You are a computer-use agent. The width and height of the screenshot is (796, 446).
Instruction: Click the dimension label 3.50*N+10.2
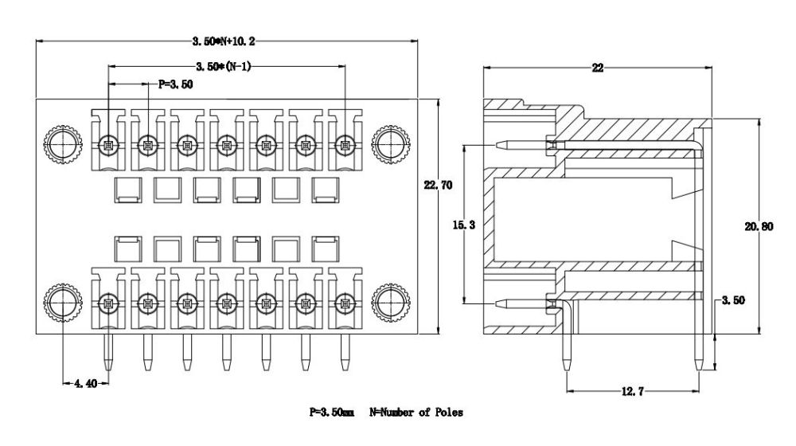(224, 41)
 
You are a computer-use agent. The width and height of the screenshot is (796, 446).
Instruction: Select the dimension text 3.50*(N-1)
(224, 66)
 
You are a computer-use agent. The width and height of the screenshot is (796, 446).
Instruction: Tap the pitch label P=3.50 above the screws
(176, 84)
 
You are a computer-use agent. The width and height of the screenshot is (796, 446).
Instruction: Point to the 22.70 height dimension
(438, 185)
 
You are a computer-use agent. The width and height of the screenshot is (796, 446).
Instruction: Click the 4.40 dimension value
(85, 384)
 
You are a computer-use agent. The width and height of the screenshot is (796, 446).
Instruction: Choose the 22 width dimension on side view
(598, 68)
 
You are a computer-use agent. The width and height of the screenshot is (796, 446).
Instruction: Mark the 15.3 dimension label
(464, 225)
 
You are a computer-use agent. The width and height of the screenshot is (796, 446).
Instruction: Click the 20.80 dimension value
(759, 226)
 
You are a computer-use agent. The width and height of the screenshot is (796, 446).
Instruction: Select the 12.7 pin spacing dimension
(633, 391)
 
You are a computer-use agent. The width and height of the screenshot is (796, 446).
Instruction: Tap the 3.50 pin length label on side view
(734, 300)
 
